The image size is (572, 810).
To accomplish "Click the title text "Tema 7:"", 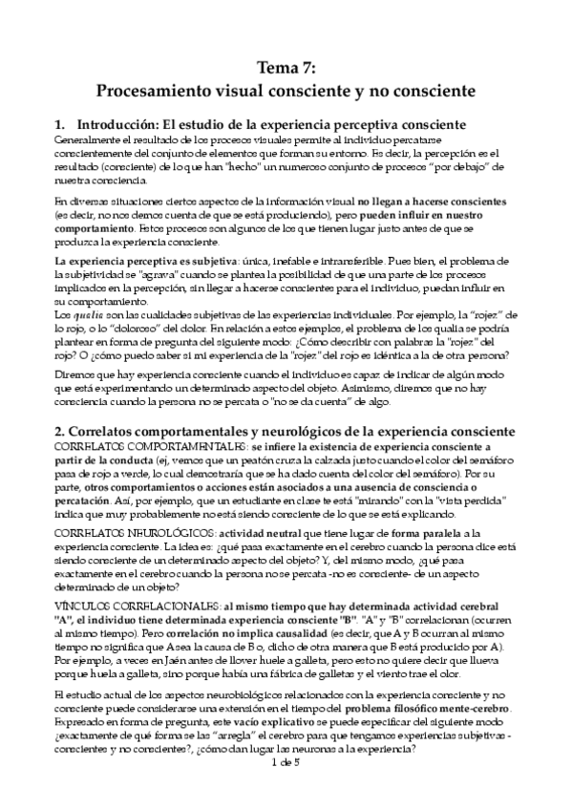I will pyautogui.click(x=286, y=67).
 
